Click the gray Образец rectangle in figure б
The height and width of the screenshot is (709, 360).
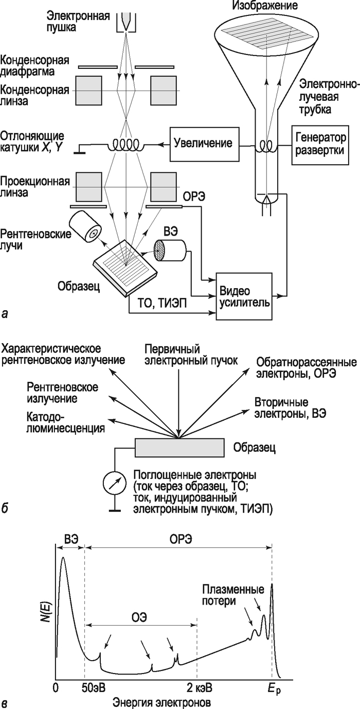coord(179,447)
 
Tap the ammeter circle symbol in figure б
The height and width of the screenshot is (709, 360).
coord(113,483)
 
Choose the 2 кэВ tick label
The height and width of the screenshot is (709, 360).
coord(198,688)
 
